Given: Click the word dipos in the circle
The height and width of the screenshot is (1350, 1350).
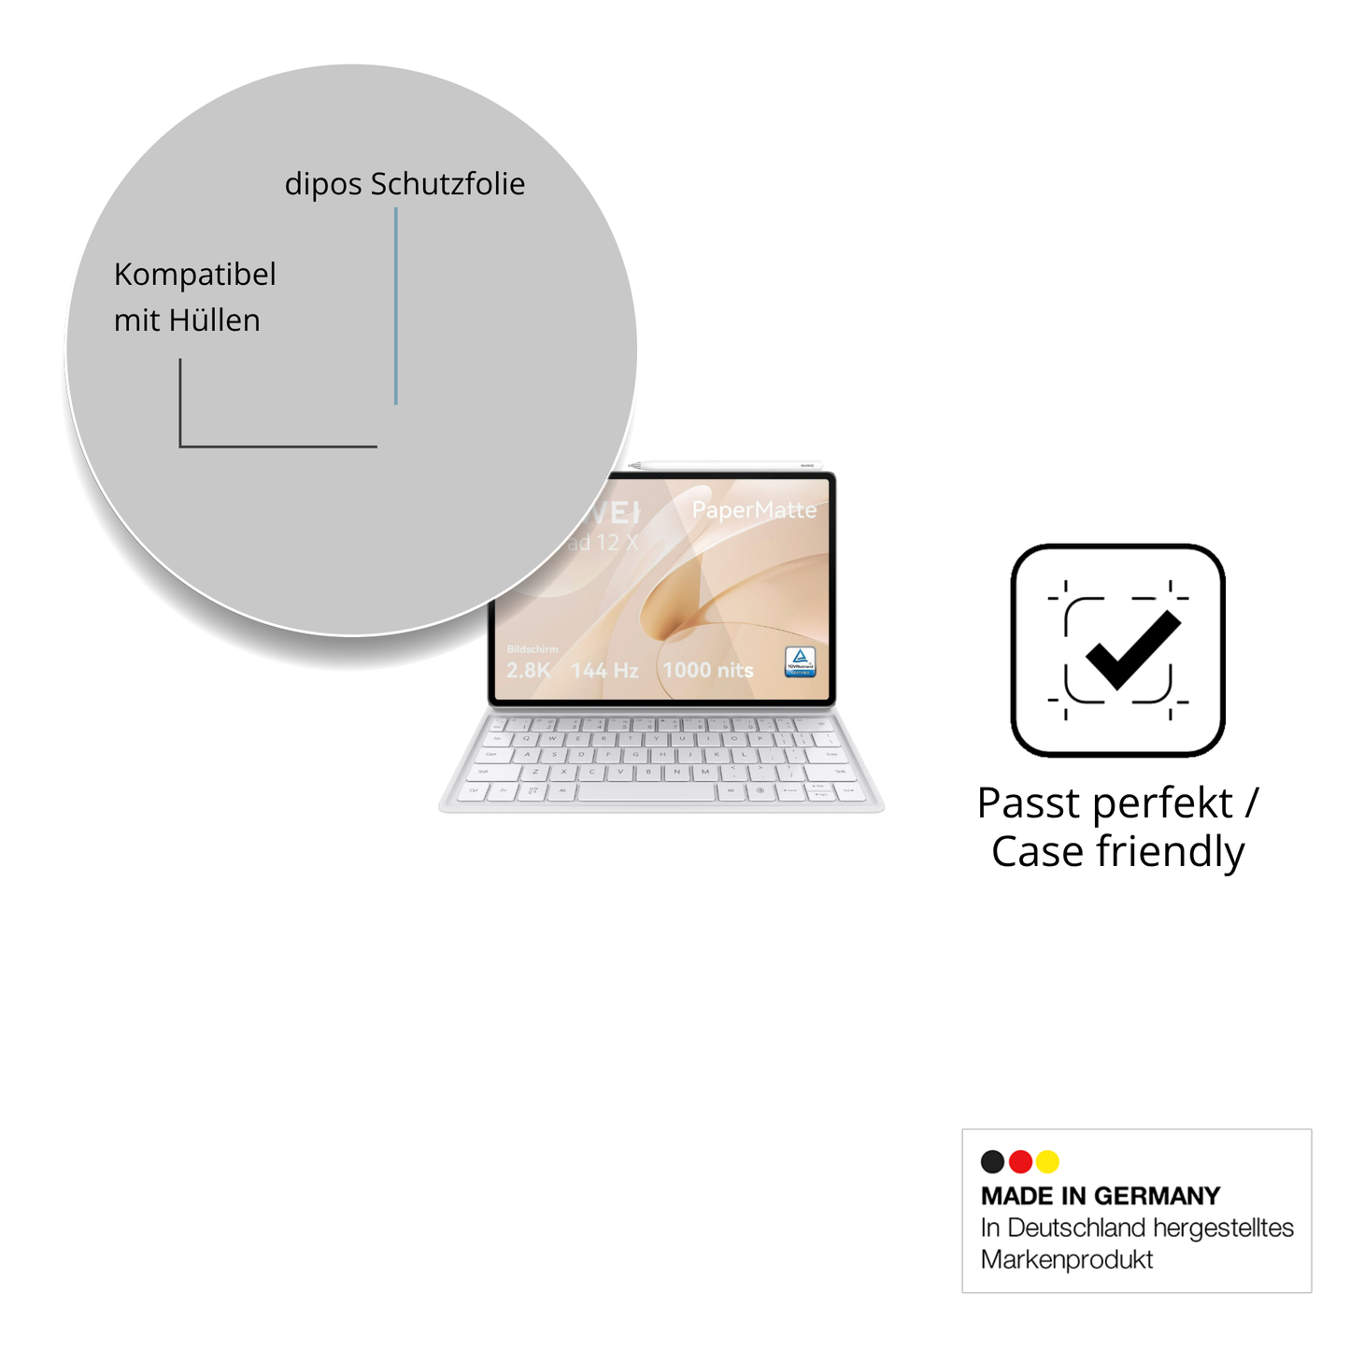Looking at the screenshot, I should click(323, 185).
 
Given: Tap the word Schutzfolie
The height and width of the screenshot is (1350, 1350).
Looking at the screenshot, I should click(448, 184).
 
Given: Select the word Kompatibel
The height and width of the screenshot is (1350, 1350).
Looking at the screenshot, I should click(194, 275).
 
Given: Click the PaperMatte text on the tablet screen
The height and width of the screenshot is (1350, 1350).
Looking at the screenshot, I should click(754, 510).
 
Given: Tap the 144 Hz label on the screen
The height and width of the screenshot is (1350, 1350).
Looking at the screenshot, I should click(604, 670).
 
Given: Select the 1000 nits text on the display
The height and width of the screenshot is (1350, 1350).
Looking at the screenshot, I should click(707, 670).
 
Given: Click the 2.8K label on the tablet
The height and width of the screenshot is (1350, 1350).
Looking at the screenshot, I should click(528, 670).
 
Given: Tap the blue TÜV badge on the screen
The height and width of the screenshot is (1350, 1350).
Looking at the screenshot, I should click(800, 661).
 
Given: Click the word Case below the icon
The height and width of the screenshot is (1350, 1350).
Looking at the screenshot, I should click(1037, 852).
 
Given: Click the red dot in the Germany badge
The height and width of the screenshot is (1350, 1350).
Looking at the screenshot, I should click(1020, 1161).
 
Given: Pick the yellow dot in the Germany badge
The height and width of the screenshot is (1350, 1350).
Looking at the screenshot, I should click(1047, 1161).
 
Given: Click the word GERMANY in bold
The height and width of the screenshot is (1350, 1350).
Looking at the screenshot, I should click(1157, 1196).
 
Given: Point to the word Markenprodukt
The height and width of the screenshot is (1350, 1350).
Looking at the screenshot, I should click(1066, 1259).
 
